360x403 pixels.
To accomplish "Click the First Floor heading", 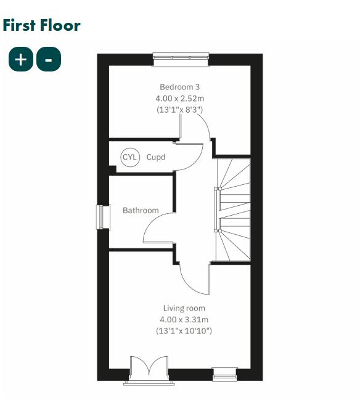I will point(41,25).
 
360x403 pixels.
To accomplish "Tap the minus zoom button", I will point(49,59).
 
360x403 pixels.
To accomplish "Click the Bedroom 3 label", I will point(179,87).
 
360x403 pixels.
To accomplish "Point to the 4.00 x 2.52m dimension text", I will point(179,98).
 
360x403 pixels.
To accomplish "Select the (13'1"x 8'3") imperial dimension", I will point(179,109).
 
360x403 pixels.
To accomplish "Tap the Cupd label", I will point(156,157).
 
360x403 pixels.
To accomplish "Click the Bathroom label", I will point(141,210).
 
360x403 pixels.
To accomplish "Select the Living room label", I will point(184,308).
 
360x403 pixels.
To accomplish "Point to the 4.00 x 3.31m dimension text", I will point(184,319).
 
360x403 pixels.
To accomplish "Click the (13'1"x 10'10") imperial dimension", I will point(184,331).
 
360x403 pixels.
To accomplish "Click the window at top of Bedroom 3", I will point(181,59).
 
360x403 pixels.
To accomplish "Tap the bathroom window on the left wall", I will point(102,217).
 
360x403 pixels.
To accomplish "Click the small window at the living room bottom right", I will point(224,372).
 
